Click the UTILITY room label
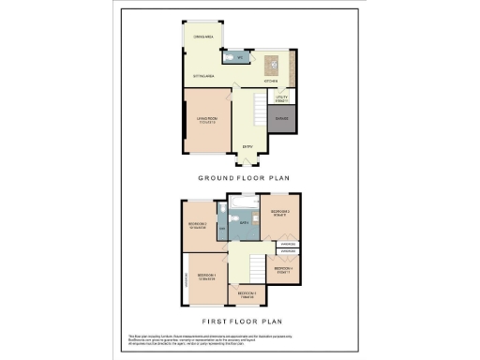281,97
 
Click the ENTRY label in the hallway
247,147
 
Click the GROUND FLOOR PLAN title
240,177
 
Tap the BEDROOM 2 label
198,225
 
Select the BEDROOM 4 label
285,270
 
